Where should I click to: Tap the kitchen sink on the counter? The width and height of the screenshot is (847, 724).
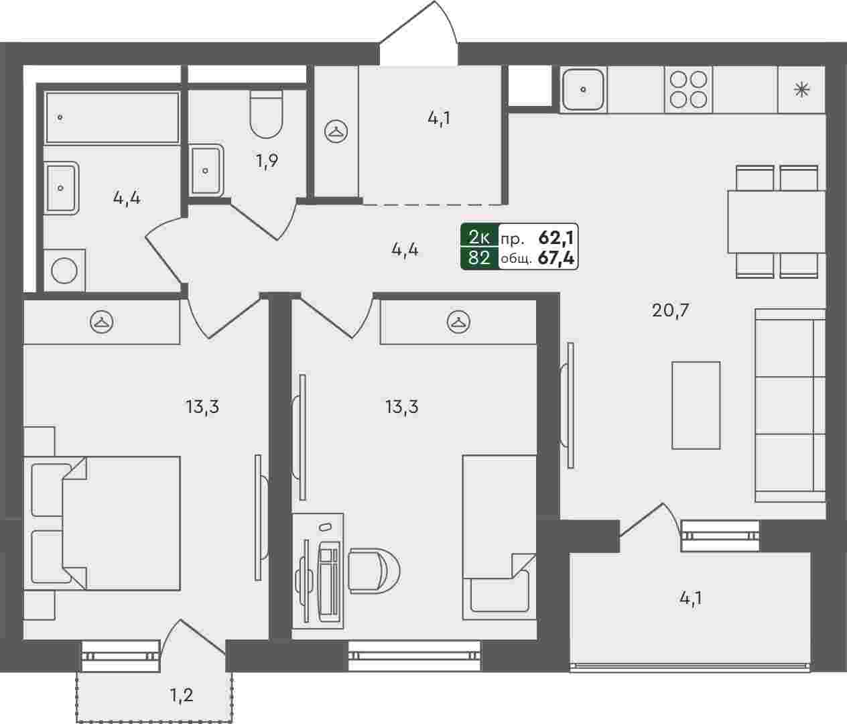[x=583, y=89]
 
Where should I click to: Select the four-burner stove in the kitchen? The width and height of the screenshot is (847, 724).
[x=688, y=89]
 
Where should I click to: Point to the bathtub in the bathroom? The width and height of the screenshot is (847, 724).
[x=113, y=118]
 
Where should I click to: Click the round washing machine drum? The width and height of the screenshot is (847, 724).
[x=64, y=271]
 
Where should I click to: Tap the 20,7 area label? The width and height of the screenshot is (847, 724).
[x=670, y=310]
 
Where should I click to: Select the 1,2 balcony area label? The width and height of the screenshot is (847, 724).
[x=181, y=695]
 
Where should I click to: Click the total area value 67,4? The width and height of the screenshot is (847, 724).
[x=556, y=258]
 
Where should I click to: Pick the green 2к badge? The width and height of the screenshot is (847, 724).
[x=479, y=236]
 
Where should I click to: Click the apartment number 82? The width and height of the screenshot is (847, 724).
[x=479, y=258]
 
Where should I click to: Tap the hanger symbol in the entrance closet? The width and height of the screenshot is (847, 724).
[x=336, y=131]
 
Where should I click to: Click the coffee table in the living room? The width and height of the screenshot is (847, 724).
[x=696, y=405]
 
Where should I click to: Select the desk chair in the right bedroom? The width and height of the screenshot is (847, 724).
[x=375, y=571]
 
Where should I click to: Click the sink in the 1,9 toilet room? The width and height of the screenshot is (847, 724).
[x=206, y=170]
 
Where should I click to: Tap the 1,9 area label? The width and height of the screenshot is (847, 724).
[x=267, y=161]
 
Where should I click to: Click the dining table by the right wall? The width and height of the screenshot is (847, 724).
[x=776, y=222]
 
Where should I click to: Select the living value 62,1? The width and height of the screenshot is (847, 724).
[x=556, y=237]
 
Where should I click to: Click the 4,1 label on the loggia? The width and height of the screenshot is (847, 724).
[x=691, y=599]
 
